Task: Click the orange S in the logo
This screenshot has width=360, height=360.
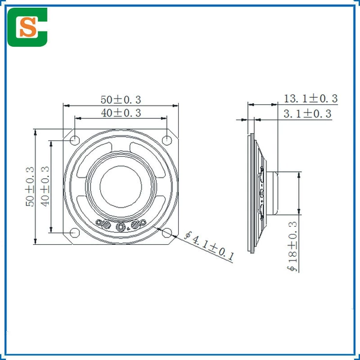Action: pos(28,27)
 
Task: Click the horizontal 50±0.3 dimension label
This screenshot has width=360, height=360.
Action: pos(121,100)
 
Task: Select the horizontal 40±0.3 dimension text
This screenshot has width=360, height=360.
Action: pos(121,113)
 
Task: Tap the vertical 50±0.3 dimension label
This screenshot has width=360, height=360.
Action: pos(30,187)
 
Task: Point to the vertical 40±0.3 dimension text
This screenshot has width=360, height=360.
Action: pos(45,186)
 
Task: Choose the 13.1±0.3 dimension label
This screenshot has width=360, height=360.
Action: pos(311,98)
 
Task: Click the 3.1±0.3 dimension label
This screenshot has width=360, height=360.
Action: pos(308,113)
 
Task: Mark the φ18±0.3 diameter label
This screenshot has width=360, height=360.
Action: pos(293,247)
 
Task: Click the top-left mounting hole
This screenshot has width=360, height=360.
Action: pos(74,140)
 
